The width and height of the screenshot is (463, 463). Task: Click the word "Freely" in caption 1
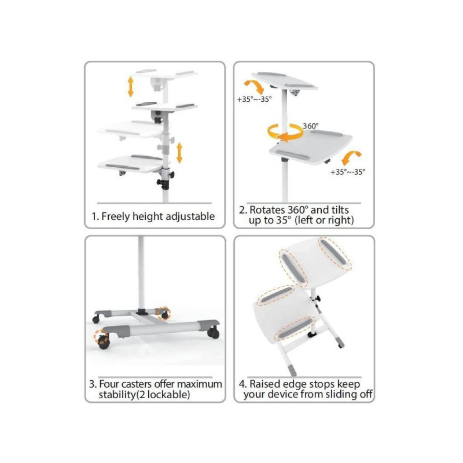115,216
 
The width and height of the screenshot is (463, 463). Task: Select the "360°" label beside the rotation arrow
311,126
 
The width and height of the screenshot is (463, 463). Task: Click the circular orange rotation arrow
285,132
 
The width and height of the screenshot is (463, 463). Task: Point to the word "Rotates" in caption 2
267,210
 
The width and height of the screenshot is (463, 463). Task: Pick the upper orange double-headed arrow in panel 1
131,87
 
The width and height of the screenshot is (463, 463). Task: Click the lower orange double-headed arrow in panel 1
179,153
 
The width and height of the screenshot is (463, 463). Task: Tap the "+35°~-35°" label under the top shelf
254,99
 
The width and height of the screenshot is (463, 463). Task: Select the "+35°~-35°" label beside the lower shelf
348,172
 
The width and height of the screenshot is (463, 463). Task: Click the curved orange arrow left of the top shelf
255,86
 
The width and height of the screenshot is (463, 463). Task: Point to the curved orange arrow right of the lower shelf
351,158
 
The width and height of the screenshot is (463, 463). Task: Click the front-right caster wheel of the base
213,333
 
